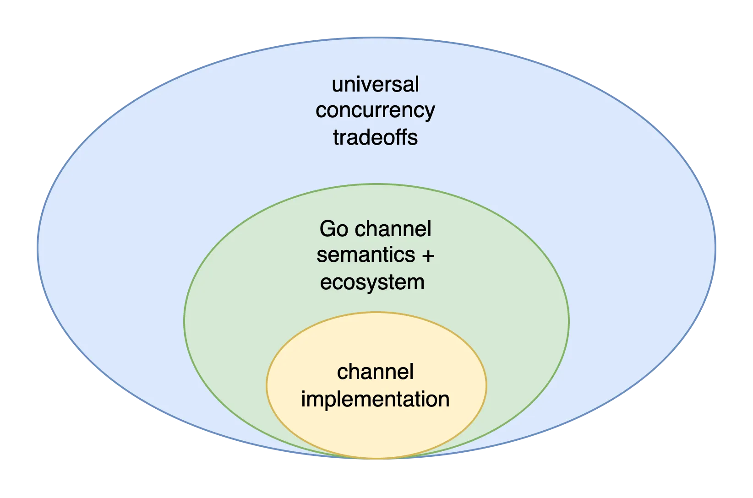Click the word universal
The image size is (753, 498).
375,85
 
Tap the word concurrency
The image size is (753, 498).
375,111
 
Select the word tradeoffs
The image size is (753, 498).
375,137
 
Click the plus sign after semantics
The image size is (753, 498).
427,255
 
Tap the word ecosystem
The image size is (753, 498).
372,282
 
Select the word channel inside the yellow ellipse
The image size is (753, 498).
375,372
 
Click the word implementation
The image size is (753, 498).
375,399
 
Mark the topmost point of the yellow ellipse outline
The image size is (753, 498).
376,313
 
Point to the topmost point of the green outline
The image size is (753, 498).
376,184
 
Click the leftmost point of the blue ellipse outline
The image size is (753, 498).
38,248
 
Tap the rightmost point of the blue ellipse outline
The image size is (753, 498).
715,248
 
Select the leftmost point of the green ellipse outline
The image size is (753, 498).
184,321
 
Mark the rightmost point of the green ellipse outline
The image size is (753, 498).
569,321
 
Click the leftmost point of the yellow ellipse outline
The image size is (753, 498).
267,385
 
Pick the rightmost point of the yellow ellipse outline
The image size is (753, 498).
486,385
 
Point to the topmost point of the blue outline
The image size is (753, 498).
376,38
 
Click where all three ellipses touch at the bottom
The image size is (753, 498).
376,458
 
